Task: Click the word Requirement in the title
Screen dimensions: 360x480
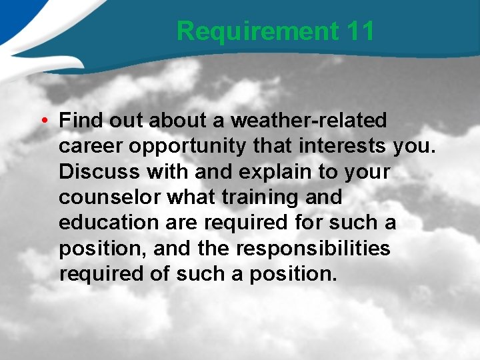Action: pos(258,31)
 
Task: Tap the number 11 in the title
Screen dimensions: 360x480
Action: pos(361,31)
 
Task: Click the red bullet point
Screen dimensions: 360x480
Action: pos(42,121)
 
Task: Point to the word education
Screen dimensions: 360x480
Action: pos(109,223)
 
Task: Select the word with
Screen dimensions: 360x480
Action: pos(161,171)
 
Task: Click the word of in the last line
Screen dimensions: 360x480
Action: pos(161,273)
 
